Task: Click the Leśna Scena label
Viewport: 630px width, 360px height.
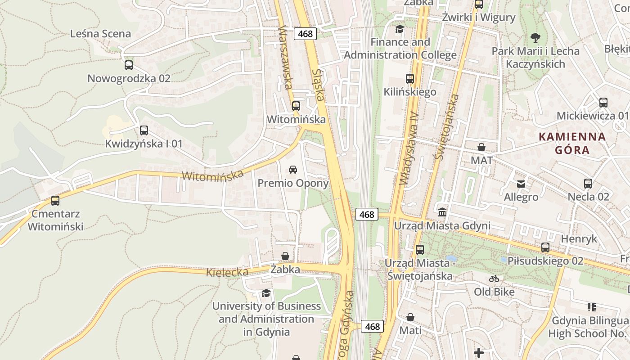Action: tap(101, 34)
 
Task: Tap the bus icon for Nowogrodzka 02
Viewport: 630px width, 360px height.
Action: tap(129, 65)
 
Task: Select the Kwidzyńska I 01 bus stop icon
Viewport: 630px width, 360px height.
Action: tap(144, 130)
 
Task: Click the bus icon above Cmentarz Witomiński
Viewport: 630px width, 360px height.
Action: tap(55, 200)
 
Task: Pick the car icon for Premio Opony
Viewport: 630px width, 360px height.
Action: tap(293, 170)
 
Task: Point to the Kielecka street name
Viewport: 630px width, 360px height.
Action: tap(227, 272)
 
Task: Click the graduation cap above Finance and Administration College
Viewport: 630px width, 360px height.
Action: tap(400, 29)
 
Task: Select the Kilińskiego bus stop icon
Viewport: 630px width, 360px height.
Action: tap(410, 79)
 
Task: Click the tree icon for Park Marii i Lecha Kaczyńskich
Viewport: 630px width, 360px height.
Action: tap(535, 38)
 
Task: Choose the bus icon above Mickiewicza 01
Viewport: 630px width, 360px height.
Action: tap(603, 103)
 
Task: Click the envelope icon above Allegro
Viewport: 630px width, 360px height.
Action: tap(521, 184)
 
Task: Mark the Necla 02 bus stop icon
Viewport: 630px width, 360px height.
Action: tap(588, 184)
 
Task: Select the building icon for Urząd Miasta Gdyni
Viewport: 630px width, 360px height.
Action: tap(442, 212)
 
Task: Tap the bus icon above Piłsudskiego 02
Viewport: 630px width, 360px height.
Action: tap(545, 247)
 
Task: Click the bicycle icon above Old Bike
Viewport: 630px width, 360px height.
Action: tap(494, 279)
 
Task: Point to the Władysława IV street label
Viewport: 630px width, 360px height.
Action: tap(409, 148)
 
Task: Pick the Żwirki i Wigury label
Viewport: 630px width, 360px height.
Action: tap(478, 18)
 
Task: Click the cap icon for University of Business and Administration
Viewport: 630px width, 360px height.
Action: tap(266, 293)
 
